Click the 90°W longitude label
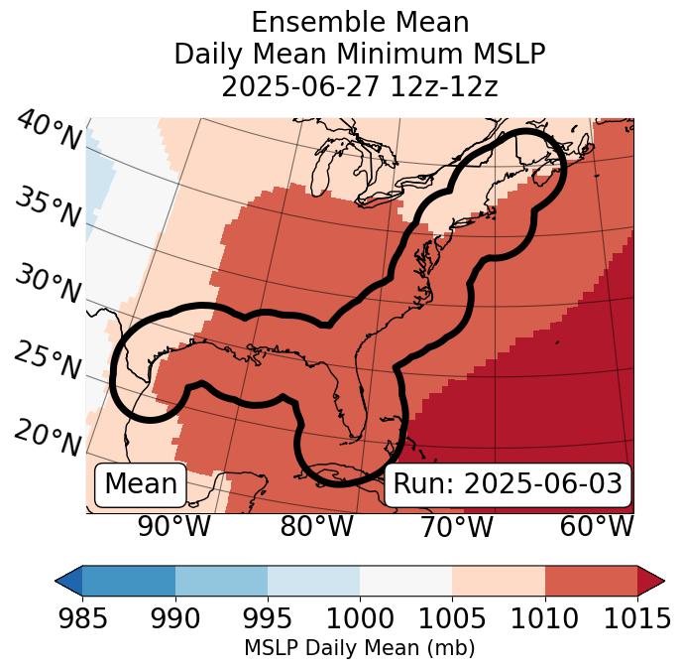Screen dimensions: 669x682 point(174,527)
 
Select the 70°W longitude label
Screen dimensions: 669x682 point(456,527)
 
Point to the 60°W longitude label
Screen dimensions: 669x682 point(597,527)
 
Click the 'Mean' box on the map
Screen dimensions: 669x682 point(141,484)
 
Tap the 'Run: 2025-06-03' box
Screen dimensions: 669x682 point(508,484)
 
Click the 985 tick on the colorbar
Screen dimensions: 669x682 point(82,618)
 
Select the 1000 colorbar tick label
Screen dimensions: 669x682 point(360,618)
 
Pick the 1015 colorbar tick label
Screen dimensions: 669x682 point(637,618)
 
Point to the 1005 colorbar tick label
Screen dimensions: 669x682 point(452,618)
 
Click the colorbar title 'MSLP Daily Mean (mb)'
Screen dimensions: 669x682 point(360,649)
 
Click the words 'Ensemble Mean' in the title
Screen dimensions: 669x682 point(360,22)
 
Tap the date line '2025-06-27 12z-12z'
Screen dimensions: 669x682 point(360,86)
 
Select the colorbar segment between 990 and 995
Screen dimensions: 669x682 point(221,581)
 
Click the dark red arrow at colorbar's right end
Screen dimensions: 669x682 point(651,581)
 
